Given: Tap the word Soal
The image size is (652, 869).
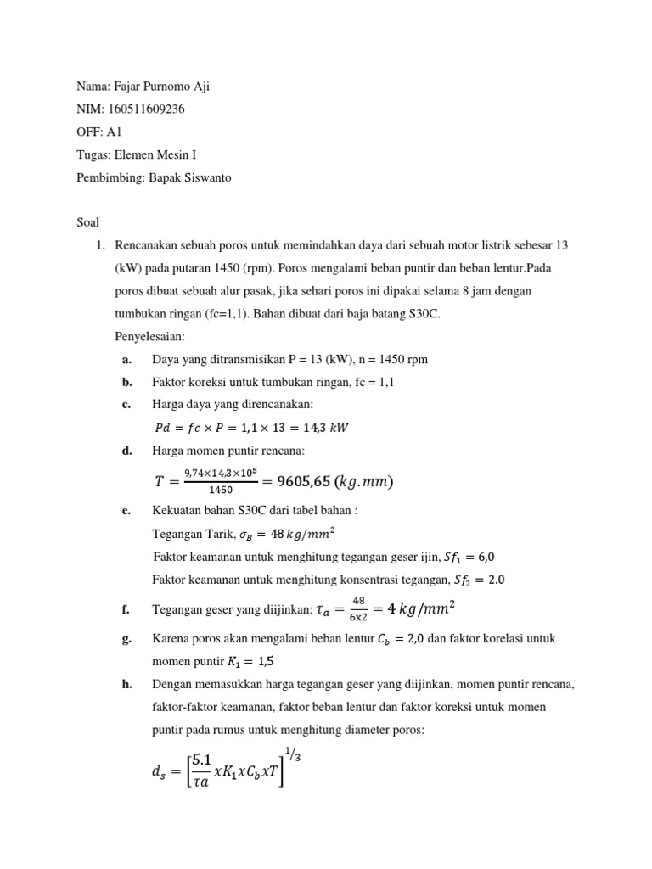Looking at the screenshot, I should [x=87, y=222].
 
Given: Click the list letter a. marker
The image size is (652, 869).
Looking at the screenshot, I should [x=126, y=360].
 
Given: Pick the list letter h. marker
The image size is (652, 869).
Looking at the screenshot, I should [x=126, y=683].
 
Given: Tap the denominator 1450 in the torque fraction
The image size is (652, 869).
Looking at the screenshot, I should [x=220, y=491].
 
